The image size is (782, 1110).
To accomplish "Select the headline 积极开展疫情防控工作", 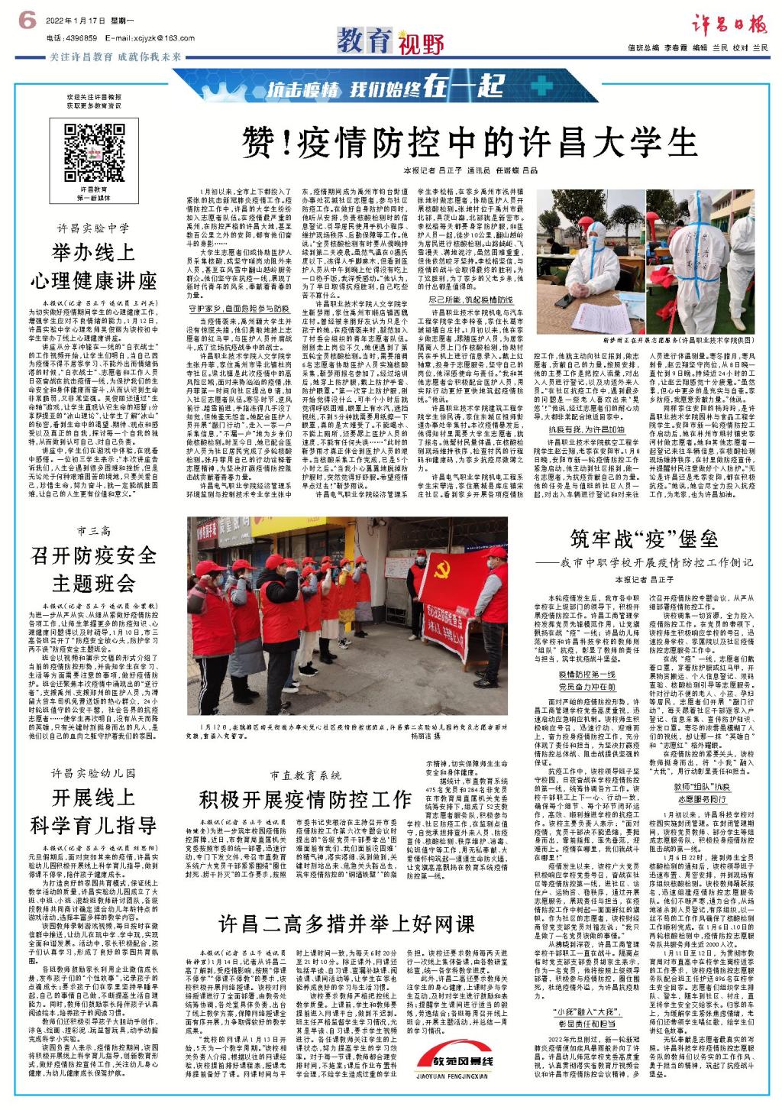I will coord(305,800).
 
